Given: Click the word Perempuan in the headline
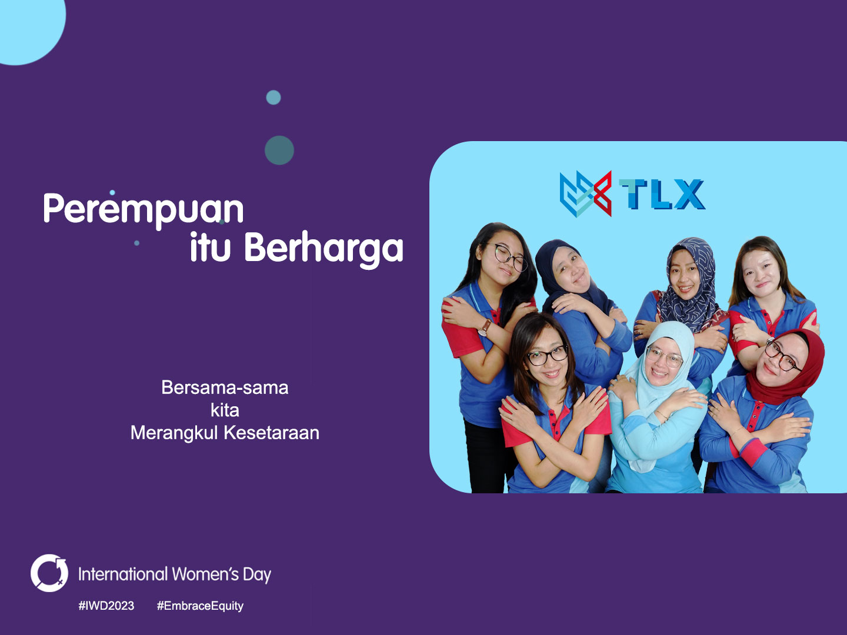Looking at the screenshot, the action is click(x=144, y=210).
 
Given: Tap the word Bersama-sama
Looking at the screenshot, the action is click(x=225, y=387).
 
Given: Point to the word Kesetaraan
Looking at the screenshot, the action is click(x=272, y=433).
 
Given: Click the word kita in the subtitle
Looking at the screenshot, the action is click(x=225, y=410).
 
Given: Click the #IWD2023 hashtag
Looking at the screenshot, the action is click(x=106, y=606).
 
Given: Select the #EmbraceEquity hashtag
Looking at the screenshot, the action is click(x=200, y=606).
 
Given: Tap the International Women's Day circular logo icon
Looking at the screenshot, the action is click(x=49, y=573).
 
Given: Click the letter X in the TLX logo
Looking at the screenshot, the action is click(x=689, y=194).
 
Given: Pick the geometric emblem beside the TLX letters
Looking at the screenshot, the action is click(x=586, y=193).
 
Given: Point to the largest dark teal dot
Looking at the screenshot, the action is click(x=279, y=151).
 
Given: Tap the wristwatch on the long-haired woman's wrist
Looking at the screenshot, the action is click(x=484, y=328).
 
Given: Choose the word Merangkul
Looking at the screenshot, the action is click(x=175, y=433).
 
